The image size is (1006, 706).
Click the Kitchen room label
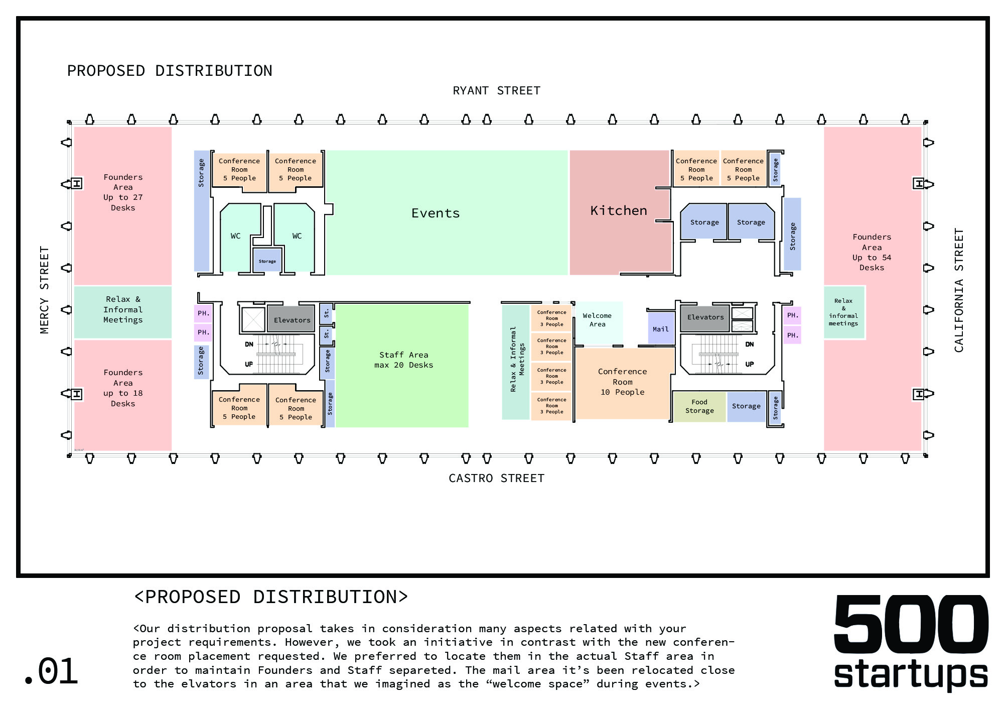(618, 211)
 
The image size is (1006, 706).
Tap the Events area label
(436, 213)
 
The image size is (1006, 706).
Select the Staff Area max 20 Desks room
(403, 360)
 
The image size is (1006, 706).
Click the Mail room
(660, 329)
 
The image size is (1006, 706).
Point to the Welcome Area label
(597, 320)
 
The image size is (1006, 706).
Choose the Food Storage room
(699, 406)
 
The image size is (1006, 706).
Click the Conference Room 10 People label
(622, 382)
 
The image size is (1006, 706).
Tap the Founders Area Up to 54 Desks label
(872, 252)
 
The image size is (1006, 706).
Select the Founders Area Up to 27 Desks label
(123, 192)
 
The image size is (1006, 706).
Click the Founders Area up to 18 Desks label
(123, 388)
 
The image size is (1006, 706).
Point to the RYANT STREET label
(496, 91)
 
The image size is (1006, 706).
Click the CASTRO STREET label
(496, 478)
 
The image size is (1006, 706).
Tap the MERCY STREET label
(45, 290)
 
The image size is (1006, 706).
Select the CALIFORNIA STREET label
(959, 290)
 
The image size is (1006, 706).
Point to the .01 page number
(51, 672)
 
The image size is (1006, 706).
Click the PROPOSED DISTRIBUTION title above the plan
(170, 71)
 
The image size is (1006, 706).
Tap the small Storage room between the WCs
(267, 261)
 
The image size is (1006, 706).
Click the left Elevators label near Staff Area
(292, 320)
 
